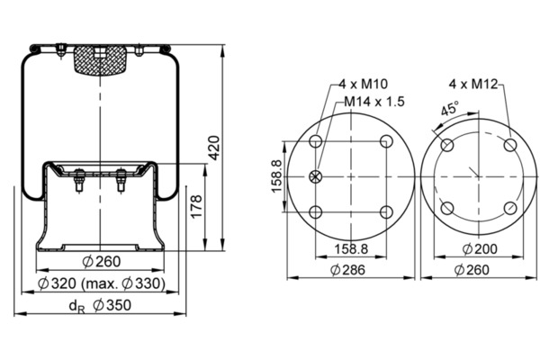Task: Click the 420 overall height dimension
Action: click(214, 148)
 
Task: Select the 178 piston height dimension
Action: click(196, 206)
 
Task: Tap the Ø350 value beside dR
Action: click(112, 305)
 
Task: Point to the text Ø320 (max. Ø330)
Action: click(102, 283)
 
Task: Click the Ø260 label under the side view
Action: click(102, 262)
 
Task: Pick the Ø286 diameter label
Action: click(347, 270)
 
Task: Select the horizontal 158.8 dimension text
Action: click(351, 248)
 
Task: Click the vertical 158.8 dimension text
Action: click(276, 176)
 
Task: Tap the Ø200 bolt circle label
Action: click(480, 248)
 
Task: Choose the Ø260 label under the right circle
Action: click(472, 270)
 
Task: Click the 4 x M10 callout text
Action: click(363, 84)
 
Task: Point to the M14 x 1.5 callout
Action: click(374, 102)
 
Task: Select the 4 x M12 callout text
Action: click(473, 84)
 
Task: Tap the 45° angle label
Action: click(450, 108)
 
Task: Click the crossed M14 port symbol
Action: click(316, 176)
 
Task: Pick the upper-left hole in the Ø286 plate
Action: click(316, 141)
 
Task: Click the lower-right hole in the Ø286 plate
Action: click(386, 212)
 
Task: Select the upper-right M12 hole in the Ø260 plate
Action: click(510, 145)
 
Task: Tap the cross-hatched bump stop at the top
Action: click(100, 60)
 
